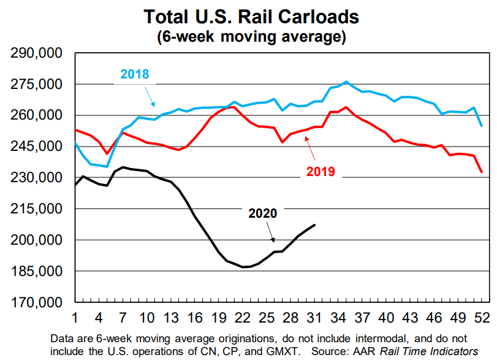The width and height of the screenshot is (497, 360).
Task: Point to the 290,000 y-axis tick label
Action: pos(37,53)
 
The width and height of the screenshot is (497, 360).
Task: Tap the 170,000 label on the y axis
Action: pos(37,302)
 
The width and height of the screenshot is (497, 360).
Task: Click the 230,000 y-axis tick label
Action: pos(37,178)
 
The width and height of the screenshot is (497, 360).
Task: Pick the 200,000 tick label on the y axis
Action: pos(37,240)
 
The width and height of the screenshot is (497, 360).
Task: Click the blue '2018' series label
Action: pos(135,75)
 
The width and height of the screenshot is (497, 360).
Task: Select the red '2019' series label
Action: pos(321,171)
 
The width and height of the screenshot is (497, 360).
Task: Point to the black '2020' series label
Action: pos(263,213)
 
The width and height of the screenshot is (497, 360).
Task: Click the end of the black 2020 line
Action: pos(314,225)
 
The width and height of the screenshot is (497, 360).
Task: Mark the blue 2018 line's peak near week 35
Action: pos(346,82)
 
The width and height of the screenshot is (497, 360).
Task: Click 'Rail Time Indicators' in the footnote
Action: pos(428,351)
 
